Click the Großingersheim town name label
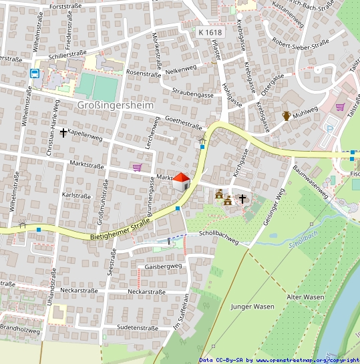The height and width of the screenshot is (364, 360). [115, 105]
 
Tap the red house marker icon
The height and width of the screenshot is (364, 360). [181, 180]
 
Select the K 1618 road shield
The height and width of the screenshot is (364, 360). [209, 31]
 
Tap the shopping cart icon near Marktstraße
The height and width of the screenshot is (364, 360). [137, 167]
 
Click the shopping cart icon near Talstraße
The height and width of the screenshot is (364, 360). [340, 106]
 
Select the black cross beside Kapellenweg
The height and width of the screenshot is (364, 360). [63, 132]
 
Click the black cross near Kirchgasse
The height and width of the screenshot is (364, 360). [242, 198]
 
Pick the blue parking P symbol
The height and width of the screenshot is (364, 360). [328, 129]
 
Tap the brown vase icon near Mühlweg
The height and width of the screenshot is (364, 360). [287, 116]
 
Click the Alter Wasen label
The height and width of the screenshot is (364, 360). [305, 297]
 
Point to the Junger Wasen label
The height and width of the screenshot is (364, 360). [252, 307]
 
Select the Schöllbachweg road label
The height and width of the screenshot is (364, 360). [218, 234]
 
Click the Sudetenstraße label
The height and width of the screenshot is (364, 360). [137, 328]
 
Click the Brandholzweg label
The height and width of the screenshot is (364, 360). [19, 331]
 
